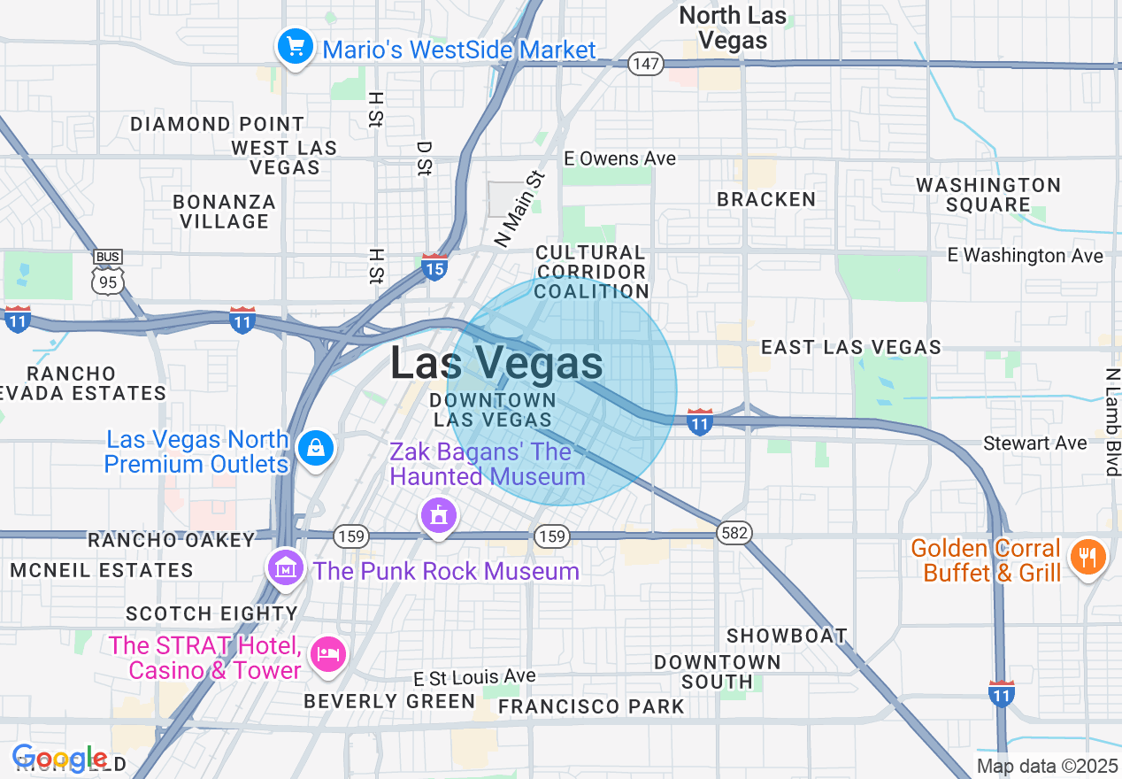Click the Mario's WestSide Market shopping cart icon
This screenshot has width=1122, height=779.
tap(294, 46)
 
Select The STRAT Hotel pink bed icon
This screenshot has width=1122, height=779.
tap(328, 654)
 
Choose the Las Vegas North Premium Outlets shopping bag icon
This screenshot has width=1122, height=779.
tap(315, 448)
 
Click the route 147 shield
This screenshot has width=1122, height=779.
tap(647, 64)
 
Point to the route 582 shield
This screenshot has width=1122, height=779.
tap(735, 533)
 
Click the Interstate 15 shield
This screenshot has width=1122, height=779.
tap(434, 266)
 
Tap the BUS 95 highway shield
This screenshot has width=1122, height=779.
tap(107, 273)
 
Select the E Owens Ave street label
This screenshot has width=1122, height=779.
tap(620, 158)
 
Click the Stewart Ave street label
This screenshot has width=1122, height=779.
tap(1035, 443)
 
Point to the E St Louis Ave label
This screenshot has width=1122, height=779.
tap(474, 677)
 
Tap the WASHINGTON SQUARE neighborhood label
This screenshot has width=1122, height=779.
tap(988, 195)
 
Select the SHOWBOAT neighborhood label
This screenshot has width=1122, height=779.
tap(787, 636)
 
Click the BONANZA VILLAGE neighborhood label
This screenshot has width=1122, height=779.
tap(224, 212)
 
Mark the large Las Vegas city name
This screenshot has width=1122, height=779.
tap(496, 364)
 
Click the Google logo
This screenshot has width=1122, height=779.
tap(59, 758)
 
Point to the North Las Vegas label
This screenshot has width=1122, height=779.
tap(733, 27)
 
